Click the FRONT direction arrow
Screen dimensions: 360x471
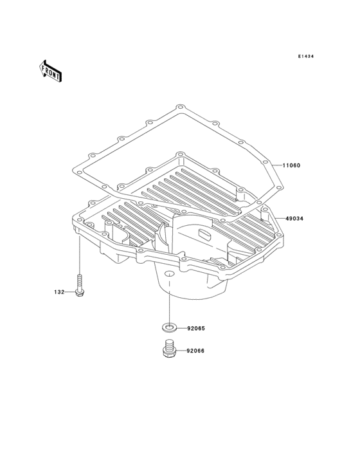point(50,71)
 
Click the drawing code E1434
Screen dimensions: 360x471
point(306,56)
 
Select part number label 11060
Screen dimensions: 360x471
point(291,165)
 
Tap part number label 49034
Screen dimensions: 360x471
point(294,219)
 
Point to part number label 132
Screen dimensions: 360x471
point(59,292)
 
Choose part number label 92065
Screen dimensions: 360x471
point(196,329)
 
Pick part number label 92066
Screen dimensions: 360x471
point(195,351)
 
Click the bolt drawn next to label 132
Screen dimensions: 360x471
point(80,286)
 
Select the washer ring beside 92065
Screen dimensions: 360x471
point(169,327)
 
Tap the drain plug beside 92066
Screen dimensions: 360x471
point(169,348)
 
